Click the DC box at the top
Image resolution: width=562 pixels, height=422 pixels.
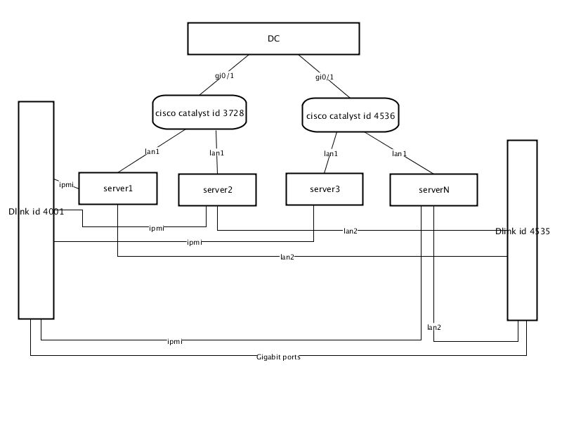273,39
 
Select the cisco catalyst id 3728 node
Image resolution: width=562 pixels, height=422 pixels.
200,113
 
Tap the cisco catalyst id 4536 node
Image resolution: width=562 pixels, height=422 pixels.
351,115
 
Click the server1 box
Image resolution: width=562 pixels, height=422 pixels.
118,188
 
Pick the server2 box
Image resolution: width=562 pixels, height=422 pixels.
218,190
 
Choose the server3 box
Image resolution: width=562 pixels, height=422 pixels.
325,189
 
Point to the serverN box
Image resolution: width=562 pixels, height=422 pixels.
433,190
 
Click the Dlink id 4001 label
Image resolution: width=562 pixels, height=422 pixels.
37,212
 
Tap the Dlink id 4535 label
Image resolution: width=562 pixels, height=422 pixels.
523,231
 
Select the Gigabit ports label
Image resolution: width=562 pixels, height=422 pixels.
278,357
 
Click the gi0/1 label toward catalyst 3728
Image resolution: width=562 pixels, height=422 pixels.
224,76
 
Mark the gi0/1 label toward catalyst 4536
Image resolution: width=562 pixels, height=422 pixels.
325,77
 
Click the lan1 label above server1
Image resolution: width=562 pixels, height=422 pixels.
152,152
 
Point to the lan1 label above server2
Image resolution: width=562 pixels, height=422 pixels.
217,153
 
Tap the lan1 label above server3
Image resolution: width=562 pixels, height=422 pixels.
331,154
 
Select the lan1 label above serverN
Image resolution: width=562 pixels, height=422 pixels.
399,154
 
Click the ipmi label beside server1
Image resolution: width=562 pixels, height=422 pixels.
66,185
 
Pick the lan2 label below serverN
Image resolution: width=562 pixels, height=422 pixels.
434,327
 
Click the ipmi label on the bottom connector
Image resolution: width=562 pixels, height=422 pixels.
175,342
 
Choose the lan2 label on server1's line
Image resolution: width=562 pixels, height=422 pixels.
287,257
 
